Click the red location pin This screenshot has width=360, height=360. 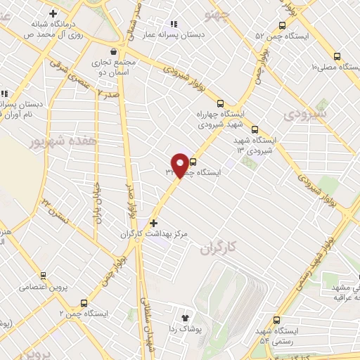[181, 165]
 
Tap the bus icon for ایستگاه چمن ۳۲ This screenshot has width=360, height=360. [193, 162]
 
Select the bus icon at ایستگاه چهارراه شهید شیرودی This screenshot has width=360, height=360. [220, 102]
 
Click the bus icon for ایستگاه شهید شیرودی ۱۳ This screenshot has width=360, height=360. [255, 130]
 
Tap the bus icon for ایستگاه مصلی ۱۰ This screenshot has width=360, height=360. [337, 57]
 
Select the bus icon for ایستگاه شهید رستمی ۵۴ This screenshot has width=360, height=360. [277, 320]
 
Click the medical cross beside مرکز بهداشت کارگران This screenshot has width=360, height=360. [153, 223]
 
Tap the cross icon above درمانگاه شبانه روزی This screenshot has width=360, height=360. [53, 13]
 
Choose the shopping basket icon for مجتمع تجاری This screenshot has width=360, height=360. [114, 51]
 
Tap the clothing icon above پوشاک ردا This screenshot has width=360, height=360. [186, 318]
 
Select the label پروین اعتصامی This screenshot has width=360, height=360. [32, 287]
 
